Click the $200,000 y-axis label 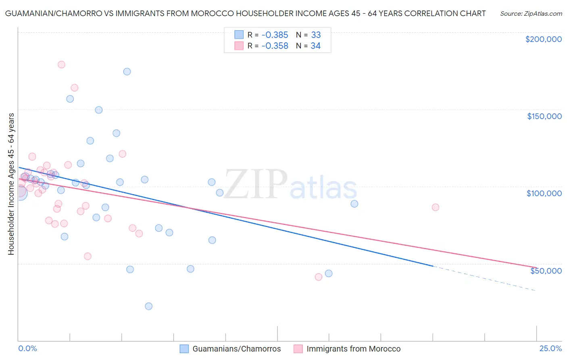(543, 39)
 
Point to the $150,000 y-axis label (544, 116)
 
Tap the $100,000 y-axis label (544, 193)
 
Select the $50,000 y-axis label (546, 270)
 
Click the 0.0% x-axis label (28, 348)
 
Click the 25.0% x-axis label (550, 348)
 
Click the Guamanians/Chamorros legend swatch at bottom (184, 349)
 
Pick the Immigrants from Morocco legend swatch (298, 349)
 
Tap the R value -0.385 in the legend (275, 35)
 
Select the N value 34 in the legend (315, 46)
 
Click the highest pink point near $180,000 (61, 65)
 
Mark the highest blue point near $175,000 (127, 71)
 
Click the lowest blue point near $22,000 (148, 306)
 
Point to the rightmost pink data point (435, 207)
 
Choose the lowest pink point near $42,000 (319, 277)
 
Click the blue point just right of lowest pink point (329, 274)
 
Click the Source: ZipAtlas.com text (531, 14)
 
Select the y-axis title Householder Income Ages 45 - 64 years (11, 184)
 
